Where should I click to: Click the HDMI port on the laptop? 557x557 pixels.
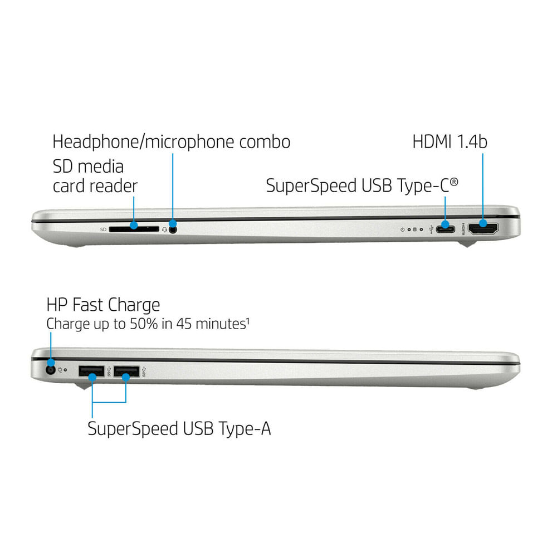pos(483,229)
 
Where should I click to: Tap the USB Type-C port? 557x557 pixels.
pos(446,229)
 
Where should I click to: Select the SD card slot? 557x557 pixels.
pos(134,229)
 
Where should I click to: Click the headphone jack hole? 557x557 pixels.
pos(173,229)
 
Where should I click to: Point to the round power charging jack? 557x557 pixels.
pos(51,370)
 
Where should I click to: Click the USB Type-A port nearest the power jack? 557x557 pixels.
pos(92,371)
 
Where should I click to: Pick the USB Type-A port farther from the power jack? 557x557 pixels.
pos(126,371)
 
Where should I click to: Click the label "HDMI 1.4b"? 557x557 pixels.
pos(449,141)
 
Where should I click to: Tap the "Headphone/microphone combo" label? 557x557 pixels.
pos(171,141)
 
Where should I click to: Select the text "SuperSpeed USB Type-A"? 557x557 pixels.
pos(179,429)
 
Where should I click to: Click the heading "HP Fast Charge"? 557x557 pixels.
pos(104,305)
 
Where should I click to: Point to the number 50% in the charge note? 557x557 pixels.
pos(144,324)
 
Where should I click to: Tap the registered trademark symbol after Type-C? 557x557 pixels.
pos(454,182)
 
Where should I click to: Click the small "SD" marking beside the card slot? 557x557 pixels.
pos(104,230)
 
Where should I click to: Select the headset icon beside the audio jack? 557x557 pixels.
pos(164,230)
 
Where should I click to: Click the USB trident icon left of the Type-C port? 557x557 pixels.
pos(431,229)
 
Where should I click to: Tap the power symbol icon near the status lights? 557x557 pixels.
pos(403,229)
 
